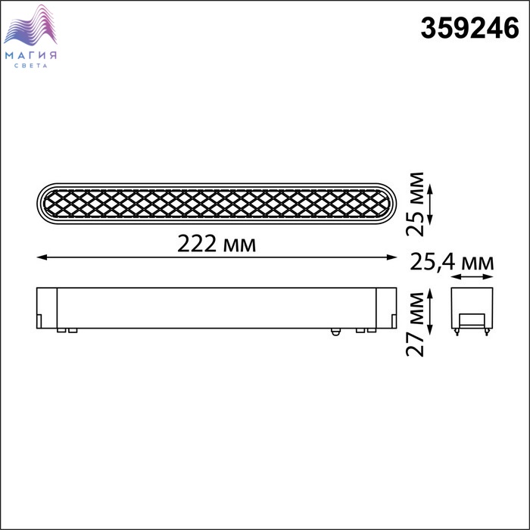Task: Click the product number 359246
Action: coord(469,28)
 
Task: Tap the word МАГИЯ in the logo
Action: coord(31,55)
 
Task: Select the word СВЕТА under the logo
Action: coord(31,66)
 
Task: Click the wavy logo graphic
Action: coord(30,25)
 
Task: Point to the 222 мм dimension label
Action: coord(217,244)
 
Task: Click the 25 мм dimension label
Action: coord(415,204)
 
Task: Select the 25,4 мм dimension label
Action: coord(451,262)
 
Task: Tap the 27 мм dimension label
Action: coord(415,325)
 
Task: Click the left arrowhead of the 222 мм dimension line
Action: coord(41,257)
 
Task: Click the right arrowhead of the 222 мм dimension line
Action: coord(391,257)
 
